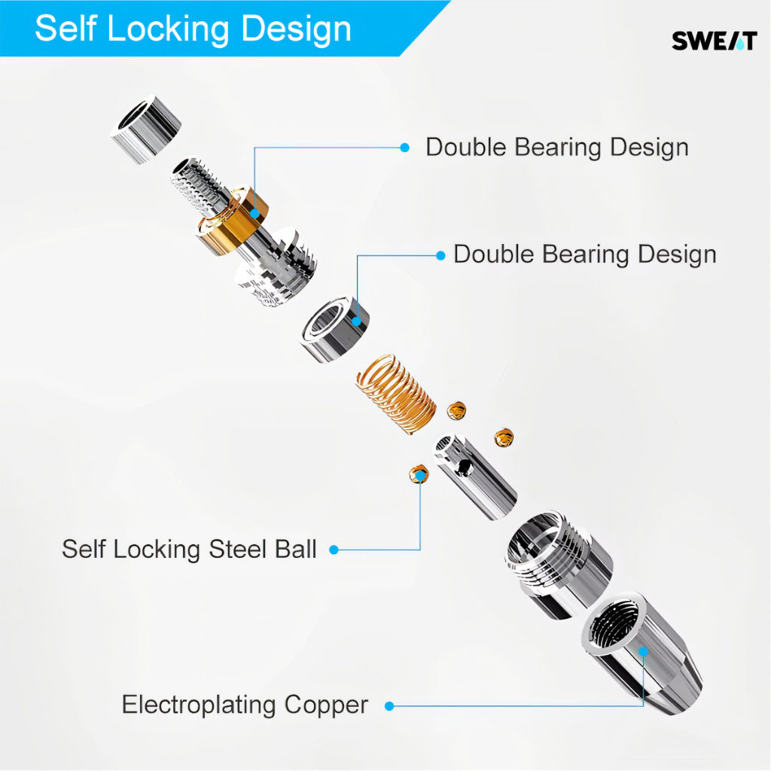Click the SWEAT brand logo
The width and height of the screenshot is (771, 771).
click(x=714, y=42)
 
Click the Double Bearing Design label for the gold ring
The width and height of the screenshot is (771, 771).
click(x=557, y=147)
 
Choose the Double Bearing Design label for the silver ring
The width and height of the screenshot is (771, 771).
click(x=584, y=254)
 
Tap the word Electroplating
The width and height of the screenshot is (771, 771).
click(x=200, y=705)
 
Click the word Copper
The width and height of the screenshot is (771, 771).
click(x=326, y=705)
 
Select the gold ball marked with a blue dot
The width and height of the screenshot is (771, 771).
click(x=418, y=474)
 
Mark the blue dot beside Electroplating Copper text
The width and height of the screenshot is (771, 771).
click(x=389, y=706)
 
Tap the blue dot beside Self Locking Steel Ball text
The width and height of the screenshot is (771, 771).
click(x=334, y=550)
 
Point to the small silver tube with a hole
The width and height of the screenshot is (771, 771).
click(x=474, y=478)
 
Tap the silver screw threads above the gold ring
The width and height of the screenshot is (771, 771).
click(x=197, y=188)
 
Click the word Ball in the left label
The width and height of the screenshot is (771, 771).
click(x=294, y=549)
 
